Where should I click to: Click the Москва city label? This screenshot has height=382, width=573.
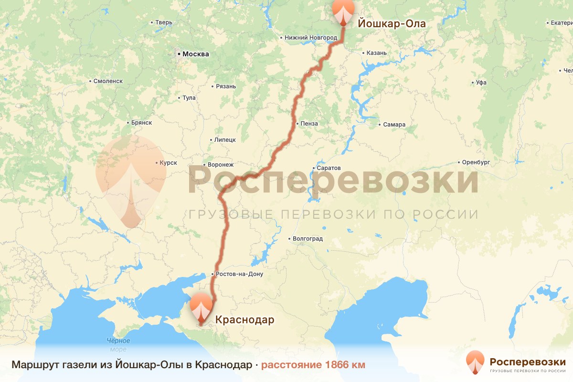pyautogui.click(x=196, y=54)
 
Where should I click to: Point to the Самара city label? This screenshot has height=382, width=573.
pyautogui.click(x=394, y=125)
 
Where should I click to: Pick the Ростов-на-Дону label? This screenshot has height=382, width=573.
pyautogui.click(x=239, y=274)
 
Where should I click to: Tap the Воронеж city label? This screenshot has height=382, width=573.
pyautogui.click(x=221, y=165)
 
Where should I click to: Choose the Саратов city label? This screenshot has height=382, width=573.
pyautogui.click(x=329, y=169)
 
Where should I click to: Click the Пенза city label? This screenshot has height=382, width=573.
pyautogui.click(x=309, y=124)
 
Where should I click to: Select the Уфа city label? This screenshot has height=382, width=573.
pyautogui.click(x=481, y=83)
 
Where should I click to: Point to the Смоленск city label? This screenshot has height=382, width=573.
pyautogui.click(x=108, y=81)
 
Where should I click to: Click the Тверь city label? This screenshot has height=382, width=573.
pyautogui.click(x=164, y=22)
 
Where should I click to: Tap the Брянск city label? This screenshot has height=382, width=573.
pyautogui.click(x=141, y=123)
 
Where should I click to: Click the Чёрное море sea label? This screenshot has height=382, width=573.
pyautogui.click(x=118, y=345)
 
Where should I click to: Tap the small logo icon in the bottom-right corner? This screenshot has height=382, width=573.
pyautogui.click(x=475, y=362)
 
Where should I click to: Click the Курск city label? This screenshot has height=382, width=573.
pyautogui.click(x=168, y=163)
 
